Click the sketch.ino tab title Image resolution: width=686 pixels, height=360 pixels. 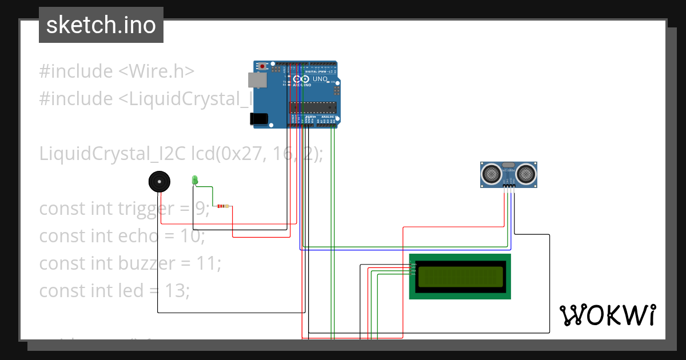[101, 25]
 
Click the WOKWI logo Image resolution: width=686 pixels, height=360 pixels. [607, 315]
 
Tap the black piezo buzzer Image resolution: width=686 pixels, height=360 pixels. [159, 182]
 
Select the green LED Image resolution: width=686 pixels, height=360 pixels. [194, 180]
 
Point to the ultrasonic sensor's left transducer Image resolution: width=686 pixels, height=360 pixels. [491, 173]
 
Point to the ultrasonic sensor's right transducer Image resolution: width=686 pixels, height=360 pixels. [527, 173]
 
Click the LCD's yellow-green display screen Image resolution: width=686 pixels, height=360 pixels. [460, 277]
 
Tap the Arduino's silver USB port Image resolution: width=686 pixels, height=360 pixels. [257, 80]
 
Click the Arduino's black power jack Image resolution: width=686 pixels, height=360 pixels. [258, 118]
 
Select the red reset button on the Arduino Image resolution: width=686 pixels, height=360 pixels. [262, 67]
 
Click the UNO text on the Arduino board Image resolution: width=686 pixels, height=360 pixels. [320, 78]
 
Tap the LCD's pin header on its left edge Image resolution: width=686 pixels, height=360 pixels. [413, 267]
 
